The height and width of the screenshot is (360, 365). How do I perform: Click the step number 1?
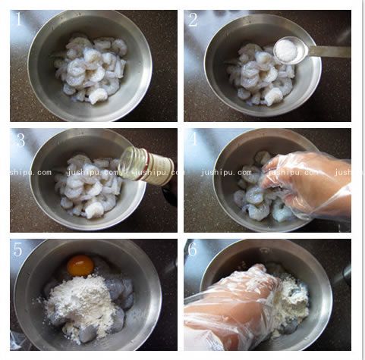click(19, 19)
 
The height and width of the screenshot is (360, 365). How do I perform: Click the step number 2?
click(193, 20)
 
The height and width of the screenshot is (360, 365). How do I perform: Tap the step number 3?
click(20, 139)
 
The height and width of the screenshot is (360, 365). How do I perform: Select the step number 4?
click(194, 139)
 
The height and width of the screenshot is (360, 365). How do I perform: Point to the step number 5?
click(18, 249)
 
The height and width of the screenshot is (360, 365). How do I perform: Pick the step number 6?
click(192, 249)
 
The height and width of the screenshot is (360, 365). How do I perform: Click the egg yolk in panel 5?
click(80, 265)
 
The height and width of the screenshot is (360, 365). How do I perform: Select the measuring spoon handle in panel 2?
click(329, 52)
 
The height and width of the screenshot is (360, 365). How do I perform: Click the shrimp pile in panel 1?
click(91, 69)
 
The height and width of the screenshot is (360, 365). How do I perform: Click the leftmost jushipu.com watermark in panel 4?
click(226, 173)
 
